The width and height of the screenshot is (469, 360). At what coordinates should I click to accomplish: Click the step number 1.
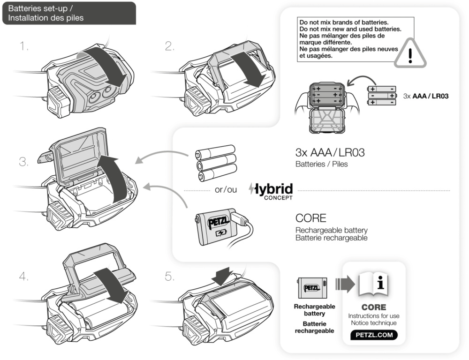pos(24,46)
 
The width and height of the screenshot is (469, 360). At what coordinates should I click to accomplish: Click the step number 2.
pos(169,46)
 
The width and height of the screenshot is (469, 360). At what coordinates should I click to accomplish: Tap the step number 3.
pos(24,162)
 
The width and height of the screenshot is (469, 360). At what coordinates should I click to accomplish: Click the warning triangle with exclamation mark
pos(410,56)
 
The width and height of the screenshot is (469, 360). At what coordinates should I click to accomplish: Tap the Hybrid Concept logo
pos(272,191)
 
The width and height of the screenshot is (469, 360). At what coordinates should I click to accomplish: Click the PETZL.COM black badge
pos(374,335)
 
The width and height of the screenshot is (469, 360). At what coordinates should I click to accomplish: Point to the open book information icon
pos(374,285)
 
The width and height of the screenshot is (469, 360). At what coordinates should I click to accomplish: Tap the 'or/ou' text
pos(226,190)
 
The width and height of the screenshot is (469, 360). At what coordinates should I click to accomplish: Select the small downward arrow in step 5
pos(222,276)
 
